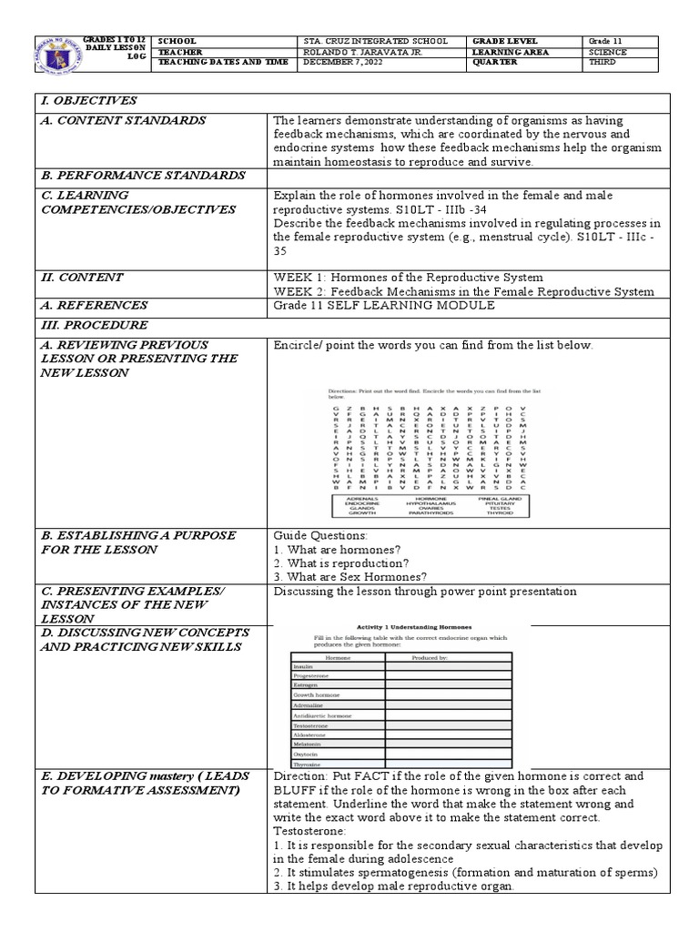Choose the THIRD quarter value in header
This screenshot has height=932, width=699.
[603, 64]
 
